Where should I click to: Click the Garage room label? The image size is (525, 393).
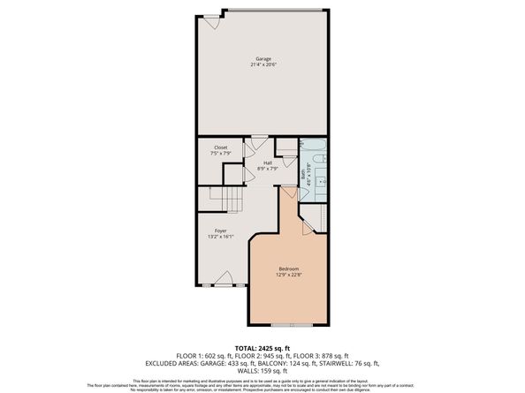262,58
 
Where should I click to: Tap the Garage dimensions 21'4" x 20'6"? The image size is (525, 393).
262,65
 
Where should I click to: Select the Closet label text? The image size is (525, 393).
219,148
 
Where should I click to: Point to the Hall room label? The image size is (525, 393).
267,162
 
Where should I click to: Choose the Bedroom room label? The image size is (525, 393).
289,268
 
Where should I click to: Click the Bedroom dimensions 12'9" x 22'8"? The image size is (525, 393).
289,276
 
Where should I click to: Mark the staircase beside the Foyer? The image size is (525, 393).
218,200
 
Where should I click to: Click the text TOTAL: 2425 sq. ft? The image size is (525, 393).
262,349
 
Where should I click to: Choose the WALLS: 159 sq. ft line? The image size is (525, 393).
262,370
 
